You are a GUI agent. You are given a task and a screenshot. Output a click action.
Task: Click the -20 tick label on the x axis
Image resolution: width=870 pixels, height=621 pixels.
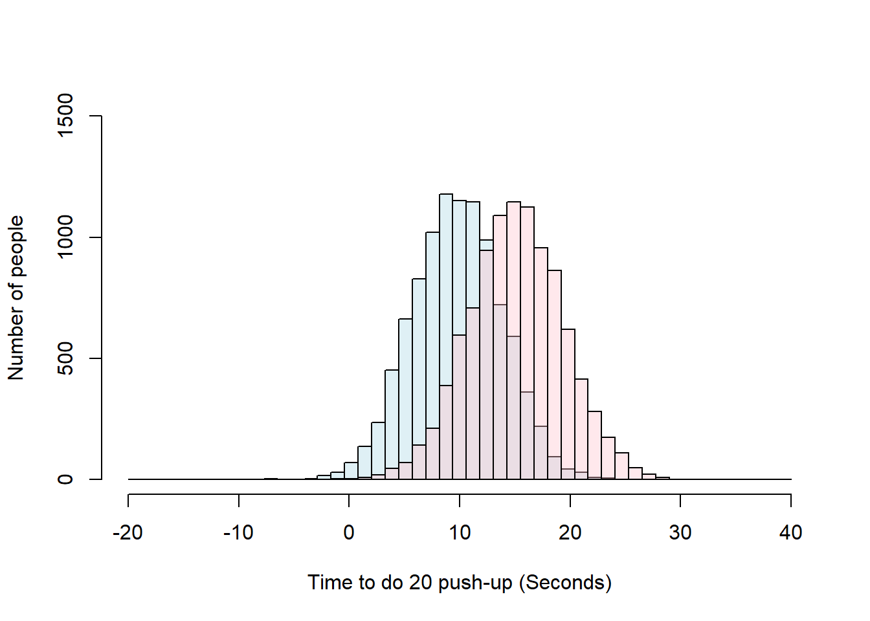pyautogui.click(x=128, y=533)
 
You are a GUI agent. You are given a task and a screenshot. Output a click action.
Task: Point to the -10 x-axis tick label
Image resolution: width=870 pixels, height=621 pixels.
pyautogui.click(x=238, y=533)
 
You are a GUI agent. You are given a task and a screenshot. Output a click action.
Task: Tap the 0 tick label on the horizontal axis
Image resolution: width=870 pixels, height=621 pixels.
pyautogui.click(x=349, y=533)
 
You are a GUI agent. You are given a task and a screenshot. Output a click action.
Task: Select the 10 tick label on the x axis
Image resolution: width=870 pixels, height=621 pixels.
pyautogui.click(x=460, y=533)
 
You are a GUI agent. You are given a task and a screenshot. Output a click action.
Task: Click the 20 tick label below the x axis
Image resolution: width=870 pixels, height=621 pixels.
pyautogui.click(x=570, y=533)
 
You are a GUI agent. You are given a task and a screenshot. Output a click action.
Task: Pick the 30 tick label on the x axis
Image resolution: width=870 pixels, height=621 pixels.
pyautogui.click(x=680, y=533)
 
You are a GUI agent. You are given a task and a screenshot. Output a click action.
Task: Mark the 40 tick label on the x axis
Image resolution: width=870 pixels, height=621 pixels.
pyautogui.click(x=791, y=533)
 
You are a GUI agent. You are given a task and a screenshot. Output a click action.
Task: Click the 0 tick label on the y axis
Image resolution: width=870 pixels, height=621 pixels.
pyautogui.click(x=65, y=479)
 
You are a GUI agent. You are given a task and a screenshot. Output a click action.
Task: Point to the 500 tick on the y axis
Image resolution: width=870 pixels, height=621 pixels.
pyautogui.click(x=65, y=358)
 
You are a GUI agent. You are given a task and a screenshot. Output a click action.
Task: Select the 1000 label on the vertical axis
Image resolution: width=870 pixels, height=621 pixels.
pyautogui.click(x=65, y=237)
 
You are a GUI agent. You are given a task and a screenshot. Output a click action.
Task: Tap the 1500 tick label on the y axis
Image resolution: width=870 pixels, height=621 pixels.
pyautogui.click(x=65, y=116)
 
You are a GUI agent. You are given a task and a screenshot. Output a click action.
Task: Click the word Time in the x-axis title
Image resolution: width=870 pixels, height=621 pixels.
pyautogui.click(x=329, y=582)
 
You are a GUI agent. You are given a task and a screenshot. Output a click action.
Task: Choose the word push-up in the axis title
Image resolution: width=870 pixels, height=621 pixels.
pyautogui.click(x=475, y=583)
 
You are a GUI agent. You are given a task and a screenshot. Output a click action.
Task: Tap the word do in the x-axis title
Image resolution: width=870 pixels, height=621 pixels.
pyautogui.click(x=391, y=582)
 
